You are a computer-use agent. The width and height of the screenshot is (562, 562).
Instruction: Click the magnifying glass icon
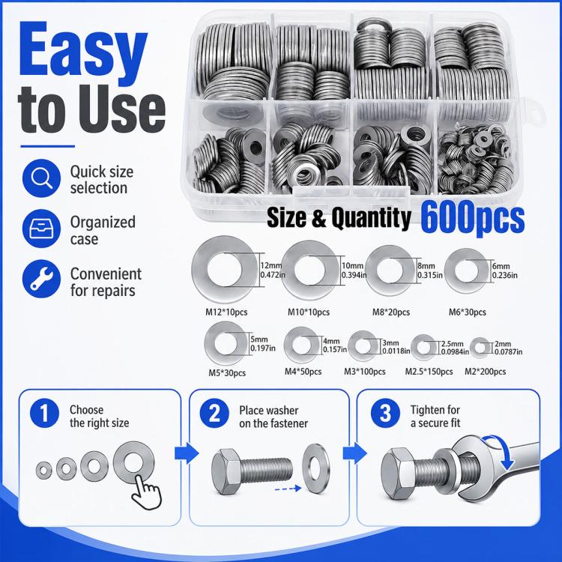point(41,178)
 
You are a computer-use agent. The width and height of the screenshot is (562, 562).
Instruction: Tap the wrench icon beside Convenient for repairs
point(41,279)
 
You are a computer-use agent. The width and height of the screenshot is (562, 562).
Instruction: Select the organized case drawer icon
point(41,229)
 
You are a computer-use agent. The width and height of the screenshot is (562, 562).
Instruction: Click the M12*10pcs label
point(226,312)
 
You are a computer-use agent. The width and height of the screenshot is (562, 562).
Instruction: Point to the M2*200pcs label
point(485,372)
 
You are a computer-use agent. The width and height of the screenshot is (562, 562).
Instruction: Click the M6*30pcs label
point(468,312)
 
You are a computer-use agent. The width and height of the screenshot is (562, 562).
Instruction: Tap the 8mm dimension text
point(426,266)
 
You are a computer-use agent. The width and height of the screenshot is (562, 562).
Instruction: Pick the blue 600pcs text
point(473,217)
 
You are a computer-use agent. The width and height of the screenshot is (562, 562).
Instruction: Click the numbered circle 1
point(44,413)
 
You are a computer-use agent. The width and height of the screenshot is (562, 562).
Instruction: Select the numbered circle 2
point(214,413)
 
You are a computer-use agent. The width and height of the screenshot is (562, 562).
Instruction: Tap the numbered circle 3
point(385,413)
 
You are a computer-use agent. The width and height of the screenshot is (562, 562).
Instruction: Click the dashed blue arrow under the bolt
point(288,488)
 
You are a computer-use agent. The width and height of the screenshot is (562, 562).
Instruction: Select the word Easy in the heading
point(83,50)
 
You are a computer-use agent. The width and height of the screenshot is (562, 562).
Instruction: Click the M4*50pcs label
point(303,372)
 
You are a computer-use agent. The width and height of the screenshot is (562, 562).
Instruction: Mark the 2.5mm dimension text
point(452,344)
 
